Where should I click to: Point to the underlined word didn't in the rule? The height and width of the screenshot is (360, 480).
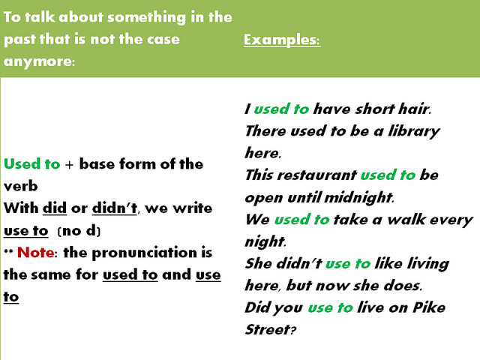(115, 208)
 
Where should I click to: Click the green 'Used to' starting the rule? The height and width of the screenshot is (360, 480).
(31, 163)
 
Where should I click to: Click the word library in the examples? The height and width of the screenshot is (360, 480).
(412, 131)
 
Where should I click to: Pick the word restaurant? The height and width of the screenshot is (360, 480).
(316, 175)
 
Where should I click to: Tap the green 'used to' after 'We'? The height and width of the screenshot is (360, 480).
(301, 220)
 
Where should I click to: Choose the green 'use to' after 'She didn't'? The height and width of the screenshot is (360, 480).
(347, 263)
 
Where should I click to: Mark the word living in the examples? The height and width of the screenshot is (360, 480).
(426, 263)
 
